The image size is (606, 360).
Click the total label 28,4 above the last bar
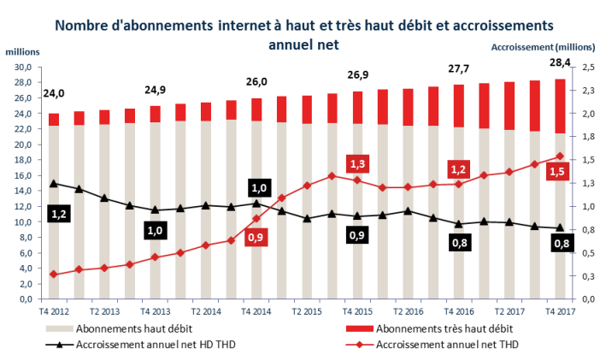click(x=560, y=62)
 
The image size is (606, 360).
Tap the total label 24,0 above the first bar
click(x=53, y=94)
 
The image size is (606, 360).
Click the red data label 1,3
click(x=357, y=164)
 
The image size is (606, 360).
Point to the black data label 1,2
click(x=59, y=214)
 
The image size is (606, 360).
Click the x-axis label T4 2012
click(x=53, y=312)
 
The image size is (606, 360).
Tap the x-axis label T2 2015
click(x=306, y=312)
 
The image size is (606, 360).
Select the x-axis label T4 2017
click(x=560, y=312)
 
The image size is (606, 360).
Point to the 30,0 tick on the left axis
click(x=23, y=68)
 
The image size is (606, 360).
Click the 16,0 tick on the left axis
click(x=23, y=176)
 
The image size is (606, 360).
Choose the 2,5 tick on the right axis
click(x=589, y=68)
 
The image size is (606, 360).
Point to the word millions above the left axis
click(x=23, y=53)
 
